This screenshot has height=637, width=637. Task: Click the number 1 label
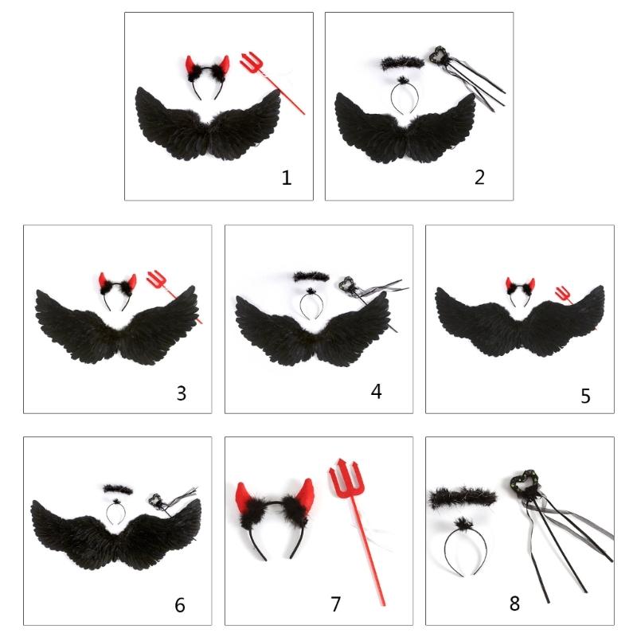click(x=286, y=178)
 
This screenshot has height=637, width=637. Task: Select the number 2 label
click(x=479, y=177)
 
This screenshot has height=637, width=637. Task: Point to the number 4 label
click(x=377, y=391)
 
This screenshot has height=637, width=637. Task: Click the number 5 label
click(x=585, y=396)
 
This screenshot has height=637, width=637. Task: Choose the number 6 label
click(x=180, y=605)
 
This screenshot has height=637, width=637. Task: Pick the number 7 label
click(x=335, y=604)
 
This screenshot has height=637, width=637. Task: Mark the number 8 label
click(x=514, y=604)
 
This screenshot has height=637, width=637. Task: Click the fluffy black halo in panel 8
click(x=452, y=498)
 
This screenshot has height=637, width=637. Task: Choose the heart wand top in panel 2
click(x=437, y=57)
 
